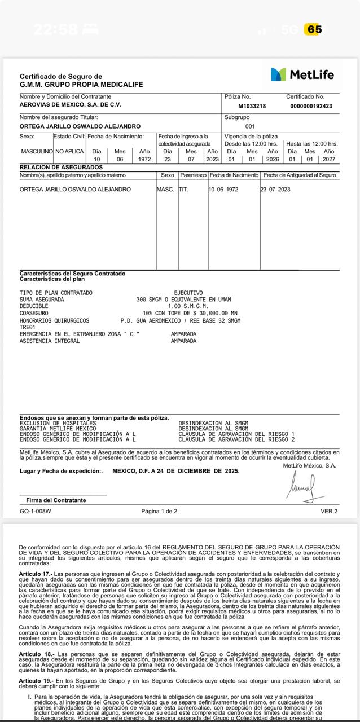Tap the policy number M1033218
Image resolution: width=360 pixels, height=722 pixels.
[x=252, y=106]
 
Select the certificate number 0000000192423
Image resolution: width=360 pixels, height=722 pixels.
[x=311, y=106]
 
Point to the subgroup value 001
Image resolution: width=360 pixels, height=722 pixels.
[x=250, y=126]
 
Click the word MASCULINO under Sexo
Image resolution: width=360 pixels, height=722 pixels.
[x=37, y=152]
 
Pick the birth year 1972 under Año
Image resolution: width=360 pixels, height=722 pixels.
[x=144, y=159]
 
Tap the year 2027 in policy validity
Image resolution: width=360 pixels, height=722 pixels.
[x=328, y=159]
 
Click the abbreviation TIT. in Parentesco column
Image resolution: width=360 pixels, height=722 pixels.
[x=183, y=190]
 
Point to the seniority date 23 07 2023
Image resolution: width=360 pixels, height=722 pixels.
[x=275, y=190]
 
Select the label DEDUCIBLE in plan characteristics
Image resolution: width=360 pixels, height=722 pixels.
[x=34, y=306]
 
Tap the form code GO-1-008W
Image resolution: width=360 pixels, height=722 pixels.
[x=35, y=512]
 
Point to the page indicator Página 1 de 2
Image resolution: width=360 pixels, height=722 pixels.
[x=159, y=512]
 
